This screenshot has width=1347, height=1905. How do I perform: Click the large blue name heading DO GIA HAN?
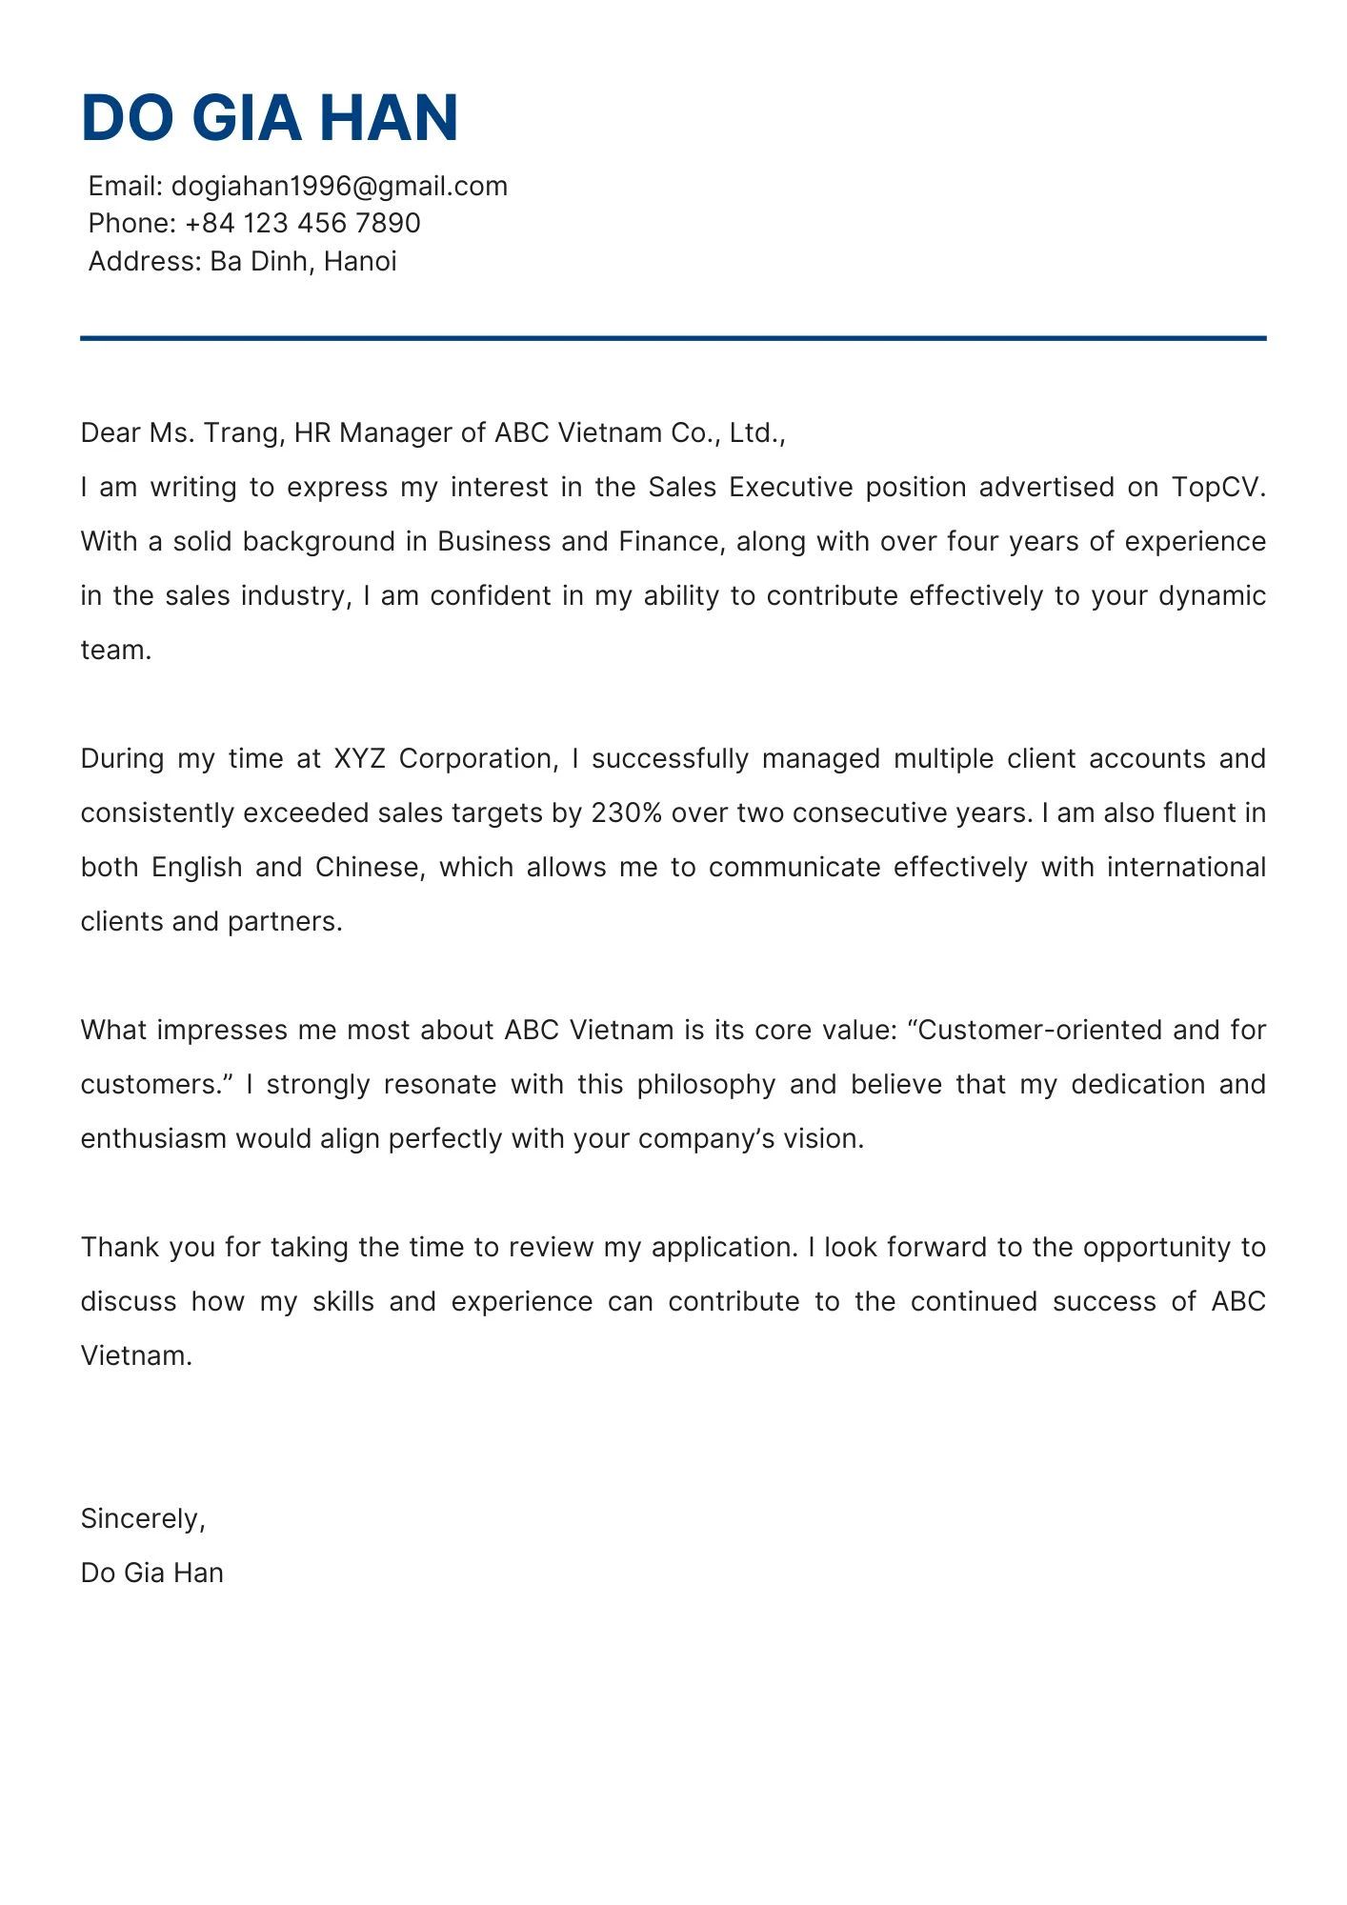coord(270,118)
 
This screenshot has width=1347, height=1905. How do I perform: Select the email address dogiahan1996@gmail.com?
coord(339,186)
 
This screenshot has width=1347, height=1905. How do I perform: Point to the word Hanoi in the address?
coord(360,261)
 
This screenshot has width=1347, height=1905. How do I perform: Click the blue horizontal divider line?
coord(673,338)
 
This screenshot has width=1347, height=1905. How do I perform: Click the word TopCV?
coord(1217,488)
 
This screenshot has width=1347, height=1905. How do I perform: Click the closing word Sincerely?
coord(143,1518)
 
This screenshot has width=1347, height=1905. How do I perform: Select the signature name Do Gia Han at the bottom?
coord(152,1573)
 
